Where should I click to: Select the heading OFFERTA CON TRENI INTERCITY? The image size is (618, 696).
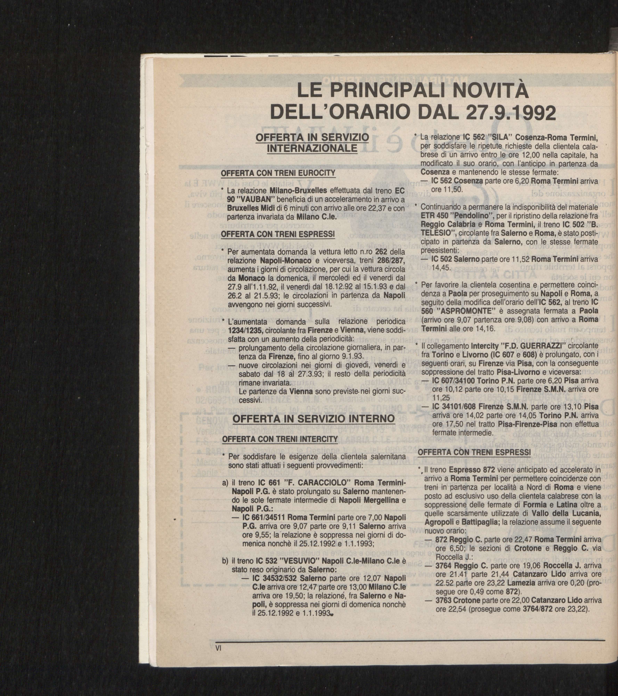[x=280, y=439]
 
